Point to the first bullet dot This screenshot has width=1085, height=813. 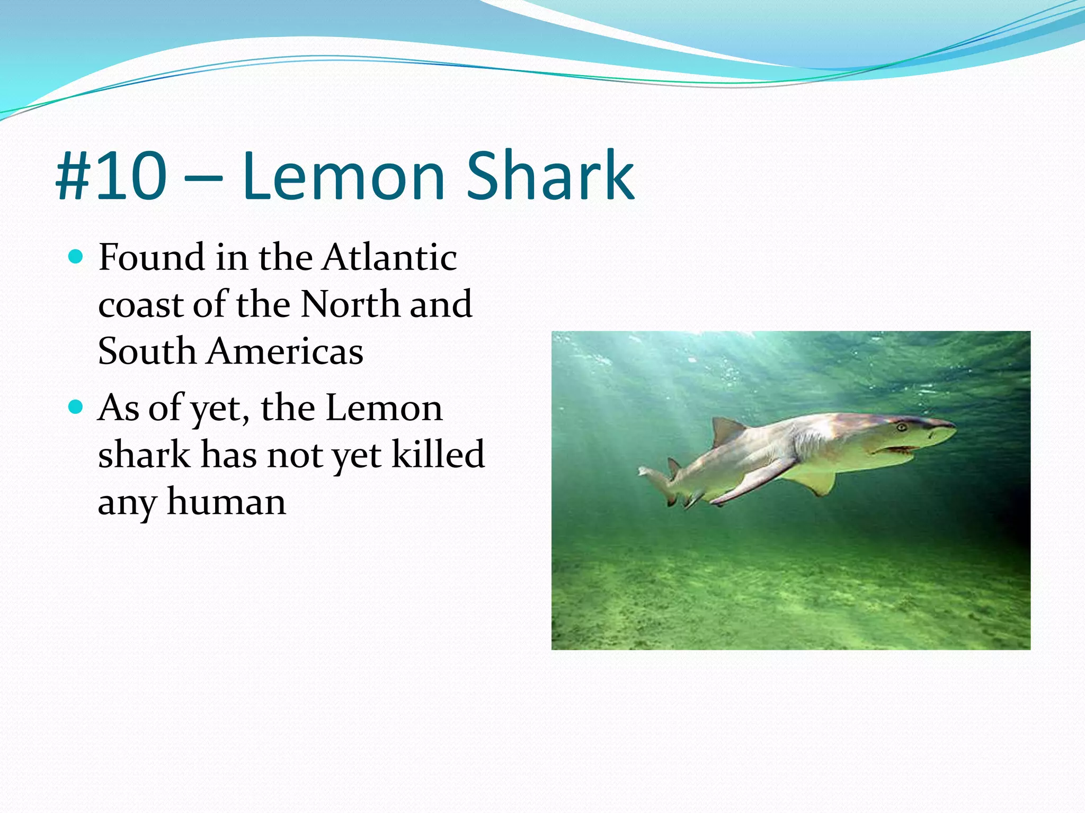point(76,257)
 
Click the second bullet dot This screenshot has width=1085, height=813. point(76,407)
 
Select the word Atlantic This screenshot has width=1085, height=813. point(390,257)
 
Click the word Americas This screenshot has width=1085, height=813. point(285,351)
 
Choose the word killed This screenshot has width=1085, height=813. point(438,454)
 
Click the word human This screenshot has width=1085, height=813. point(226,501)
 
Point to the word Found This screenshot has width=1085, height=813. point(152,257)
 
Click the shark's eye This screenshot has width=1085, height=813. point(901,427)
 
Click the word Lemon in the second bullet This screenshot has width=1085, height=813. point(384,408)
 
